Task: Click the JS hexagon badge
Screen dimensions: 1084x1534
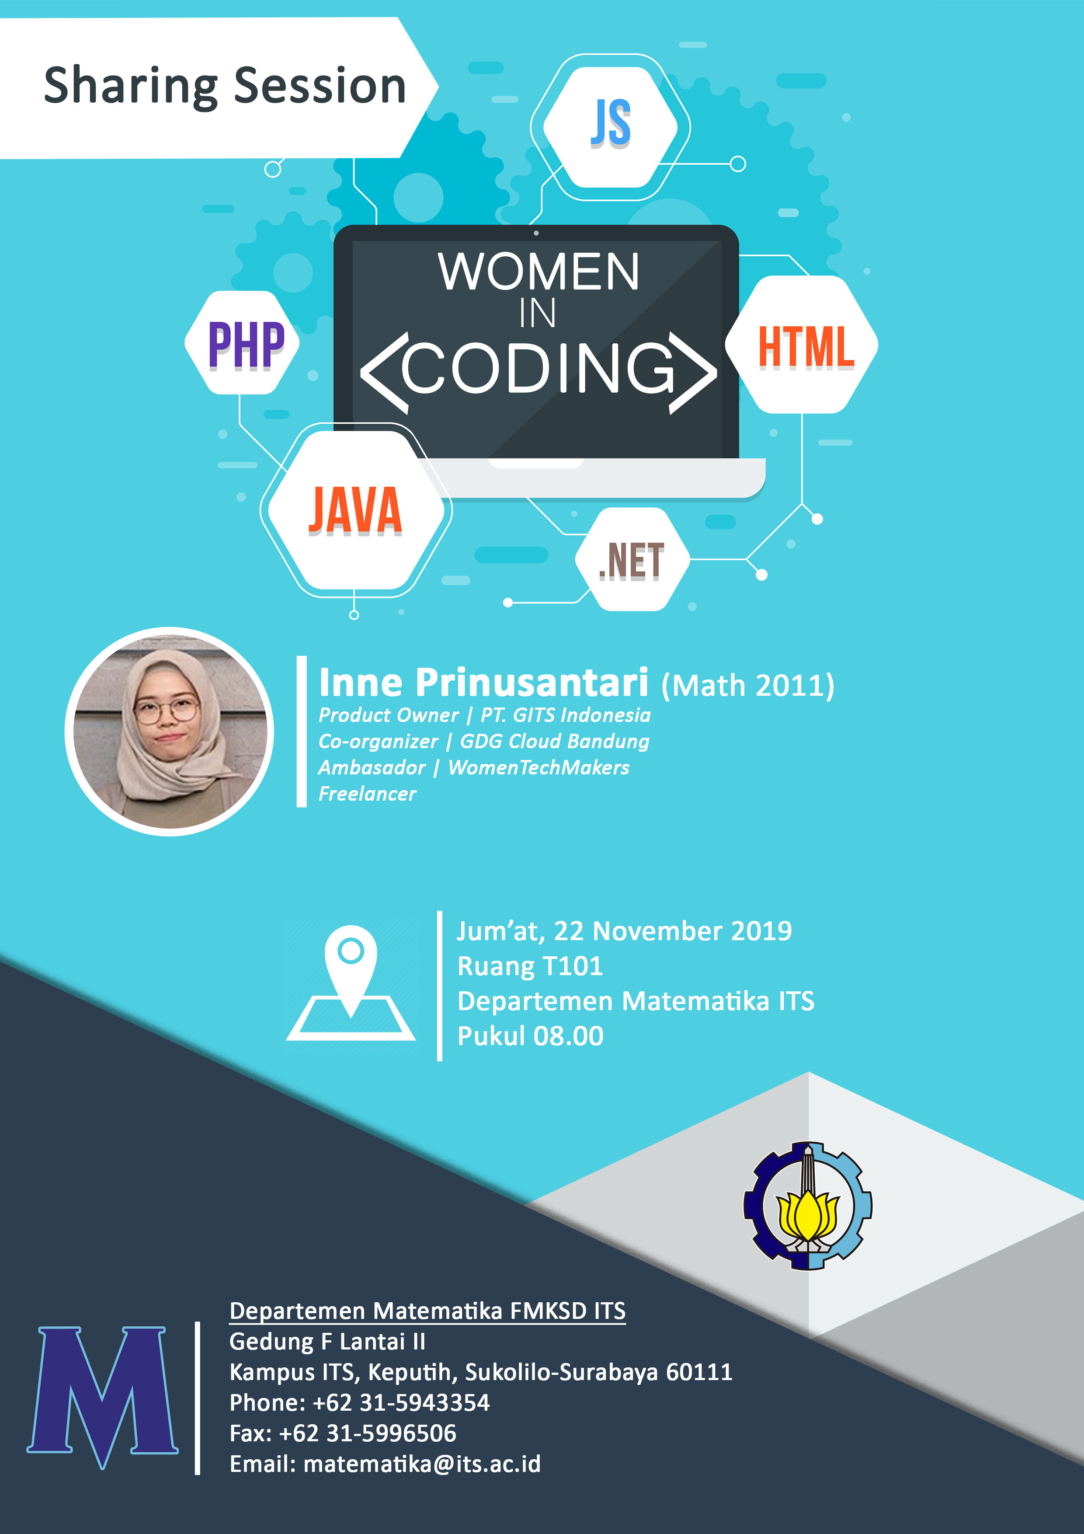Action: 611,127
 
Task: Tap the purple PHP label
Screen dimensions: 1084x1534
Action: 247,345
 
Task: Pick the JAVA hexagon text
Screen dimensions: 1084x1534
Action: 355,510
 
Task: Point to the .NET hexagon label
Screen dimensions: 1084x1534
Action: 631,561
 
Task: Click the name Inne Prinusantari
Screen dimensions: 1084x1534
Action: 483,682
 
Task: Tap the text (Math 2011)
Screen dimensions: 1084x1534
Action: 748,686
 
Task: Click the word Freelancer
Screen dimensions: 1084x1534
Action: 367,794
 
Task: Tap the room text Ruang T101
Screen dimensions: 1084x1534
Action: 530,966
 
